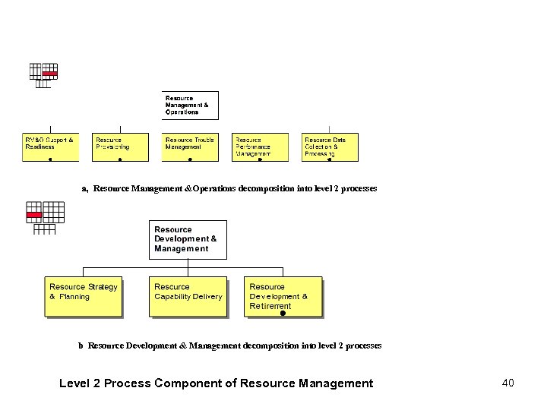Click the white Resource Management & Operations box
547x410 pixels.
[x=190, y=106]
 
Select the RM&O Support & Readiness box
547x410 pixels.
[x=50, y=147]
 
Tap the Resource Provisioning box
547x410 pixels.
[x=120, y=147]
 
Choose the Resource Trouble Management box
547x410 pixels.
[x=190, y=147]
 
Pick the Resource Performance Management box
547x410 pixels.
[x=260, y=147]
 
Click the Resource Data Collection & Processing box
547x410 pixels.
[x=330, y=147]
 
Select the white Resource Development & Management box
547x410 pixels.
[x=188, y=239]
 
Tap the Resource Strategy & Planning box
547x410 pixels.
[x=84, y=296]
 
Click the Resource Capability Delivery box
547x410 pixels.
[x=188, y=296]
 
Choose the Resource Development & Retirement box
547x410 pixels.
[x=283, y=296]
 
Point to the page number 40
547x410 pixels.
[x=507, y=383]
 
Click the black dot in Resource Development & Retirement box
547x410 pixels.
[x=282, y=313]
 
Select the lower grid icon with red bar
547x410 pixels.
[x=44, y=216]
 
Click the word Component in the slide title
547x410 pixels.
[x=191, y=383]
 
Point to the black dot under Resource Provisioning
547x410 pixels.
[x=120, y=159]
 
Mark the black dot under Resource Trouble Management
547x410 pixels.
[x=190, y=159]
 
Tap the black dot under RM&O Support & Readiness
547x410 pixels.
[x=50, y=159]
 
